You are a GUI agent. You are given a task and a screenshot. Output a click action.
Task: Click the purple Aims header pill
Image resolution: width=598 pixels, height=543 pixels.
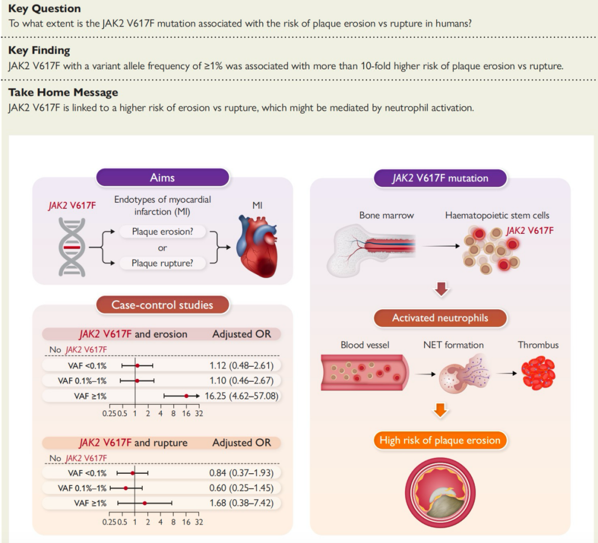[162, 178]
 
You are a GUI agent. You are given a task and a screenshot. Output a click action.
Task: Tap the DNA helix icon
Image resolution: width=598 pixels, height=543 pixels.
[71, 247]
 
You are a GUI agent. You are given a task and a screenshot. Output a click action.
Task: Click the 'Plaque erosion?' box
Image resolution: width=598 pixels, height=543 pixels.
[162, 232]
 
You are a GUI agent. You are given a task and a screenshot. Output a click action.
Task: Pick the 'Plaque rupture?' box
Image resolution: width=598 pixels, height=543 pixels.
[162, 263]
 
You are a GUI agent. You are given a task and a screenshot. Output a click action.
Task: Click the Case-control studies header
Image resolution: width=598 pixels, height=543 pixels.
[162, 305]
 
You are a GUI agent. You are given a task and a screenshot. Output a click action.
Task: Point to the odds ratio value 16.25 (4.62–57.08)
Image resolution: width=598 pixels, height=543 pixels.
[241, 396]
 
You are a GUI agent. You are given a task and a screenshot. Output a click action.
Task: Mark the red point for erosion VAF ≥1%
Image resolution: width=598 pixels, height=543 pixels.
[186, 396]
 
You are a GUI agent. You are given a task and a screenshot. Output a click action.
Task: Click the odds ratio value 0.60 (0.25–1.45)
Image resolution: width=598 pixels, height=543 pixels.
[241, 488]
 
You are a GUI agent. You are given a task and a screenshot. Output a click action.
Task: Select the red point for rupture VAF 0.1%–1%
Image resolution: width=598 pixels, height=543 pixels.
[126, 488]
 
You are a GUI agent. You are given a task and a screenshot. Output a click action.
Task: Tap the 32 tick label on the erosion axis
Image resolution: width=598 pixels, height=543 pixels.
[199, 414]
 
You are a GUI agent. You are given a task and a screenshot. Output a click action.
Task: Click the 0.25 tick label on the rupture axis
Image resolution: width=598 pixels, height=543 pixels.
[109, 522]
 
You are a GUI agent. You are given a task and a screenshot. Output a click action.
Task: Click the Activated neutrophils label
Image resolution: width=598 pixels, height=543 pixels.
[440, 318]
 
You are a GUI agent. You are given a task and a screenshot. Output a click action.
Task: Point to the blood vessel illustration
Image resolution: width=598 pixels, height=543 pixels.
[365, 372]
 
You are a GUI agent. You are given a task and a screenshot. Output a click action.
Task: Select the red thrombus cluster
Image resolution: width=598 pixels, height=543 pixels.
[538, 373]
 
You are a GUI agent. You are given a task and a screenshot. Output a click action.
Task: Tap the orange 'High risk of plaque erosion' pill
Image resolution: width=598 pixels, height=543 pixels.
[440, 440]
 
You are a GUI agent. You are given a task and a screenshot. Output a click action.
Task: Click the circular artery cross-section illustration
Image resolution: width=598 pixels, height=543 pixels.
[440, 493]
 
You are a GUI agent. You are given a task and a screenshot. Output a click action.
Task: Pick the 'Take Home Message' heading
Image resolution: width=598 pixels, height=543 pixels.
[63, 93]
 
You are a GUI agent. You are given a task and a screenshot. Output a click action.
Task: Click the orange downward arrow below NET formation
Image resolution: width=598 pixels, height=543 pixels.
[441, 411]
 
